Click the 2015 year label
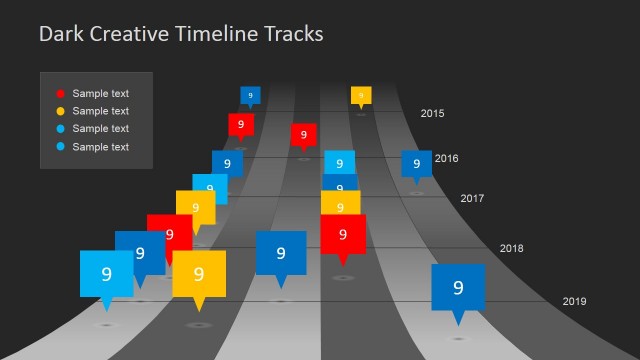pos(432,114)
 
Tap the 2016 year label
pos(446,158)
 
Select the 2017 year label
pos(472,198)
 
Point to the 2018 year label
pos(511,248)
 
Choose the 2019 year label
pos(574,301)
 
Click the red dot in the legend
pos(60,94)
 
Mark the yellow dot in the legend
pos(60,111)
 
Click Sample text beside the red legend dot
pos(100,94)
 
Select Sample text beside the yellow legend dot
pos(100,111)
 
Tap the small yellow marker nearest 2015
pos(361,95)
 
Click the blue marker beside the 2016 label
pos(416,163)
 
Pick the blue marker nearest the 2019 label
pos(458,288)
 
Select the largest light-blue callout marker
pos(106,273)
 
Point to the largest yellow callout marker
pos(198,274)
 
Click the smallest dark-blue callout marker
pos(250,96)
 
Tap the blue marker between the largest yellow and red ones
pos(280,253)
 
